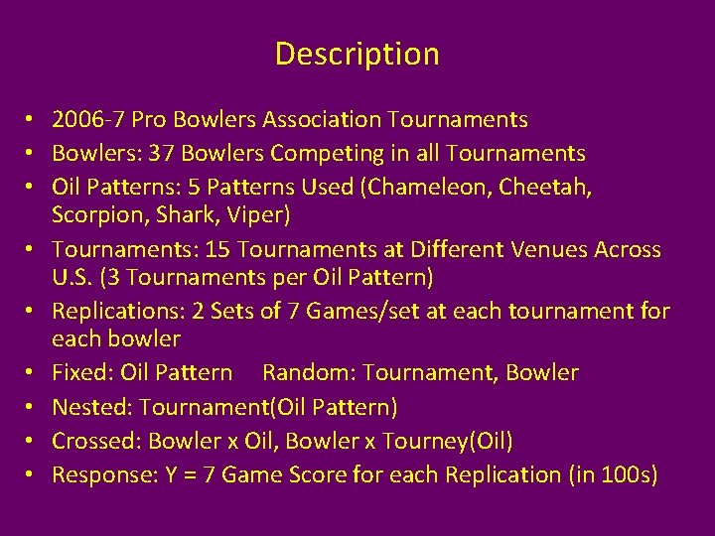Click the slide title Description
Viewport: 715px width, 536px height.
(x=357, y=54)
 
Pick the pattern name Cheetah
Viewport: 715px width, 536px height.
(x=549, y=188)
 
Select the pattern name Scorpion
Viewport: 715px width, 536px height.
(x=97, y=214)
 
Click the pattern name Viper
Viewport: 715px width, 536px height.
(x=259, y=214)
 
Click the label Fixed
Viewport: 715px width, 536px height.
(x=82, y=373)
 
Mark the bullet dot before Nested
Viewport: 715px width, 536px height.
(x=33, y=408)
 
